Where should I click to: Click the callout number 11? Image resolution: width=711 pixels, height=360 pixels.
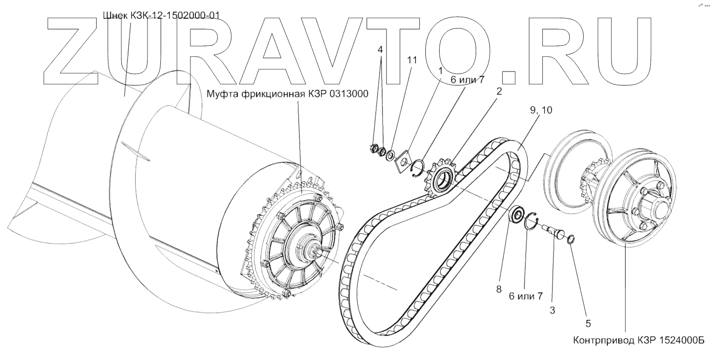pos(412,60)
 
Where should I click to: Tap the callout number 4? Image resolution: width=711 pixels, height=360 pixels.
pos(380,50)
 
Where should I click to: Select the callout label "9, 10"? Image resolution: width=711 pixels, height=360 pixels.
pos(541,111)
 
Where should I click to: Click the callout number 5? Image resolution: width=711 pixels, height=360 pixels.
pos(588,324)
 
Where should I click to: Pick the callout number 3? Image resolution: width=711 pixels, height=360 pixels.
pos(553,311)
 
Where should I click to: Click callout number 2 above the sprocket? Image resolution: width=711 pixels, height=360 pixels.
pos(499,91)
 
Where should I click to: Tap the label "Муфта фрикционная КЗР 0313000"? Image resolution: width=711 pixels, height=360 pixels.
pos(288,94)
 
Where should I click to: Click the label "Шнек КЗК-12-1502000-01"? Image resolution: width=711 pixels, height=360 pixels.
pos(160,15)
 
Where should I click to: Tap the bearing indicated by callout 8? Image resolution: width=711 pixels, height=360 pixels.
pos(517,215)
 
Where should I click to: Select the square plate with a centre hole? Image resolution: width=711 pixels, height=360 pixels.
pos(404,160)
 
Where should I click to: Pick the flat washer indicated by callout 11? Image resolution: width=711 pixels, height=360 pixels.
pos(390,156)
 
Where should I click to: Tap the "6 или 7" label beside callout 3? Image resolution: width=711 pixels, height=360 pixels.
pos(526,296)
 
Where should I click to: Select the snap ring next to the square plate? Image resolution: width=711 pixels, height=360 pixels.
pos(417,166)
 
